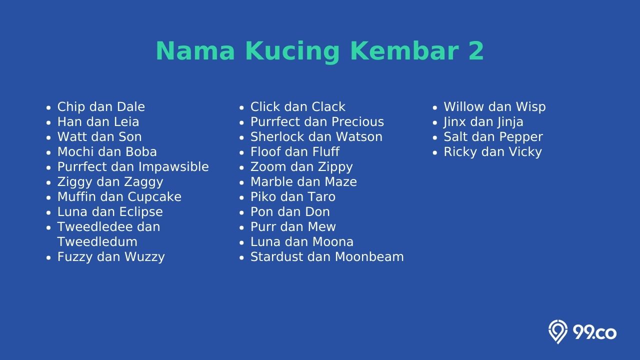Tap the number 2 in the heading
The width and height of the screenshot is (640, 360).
click(475, 50)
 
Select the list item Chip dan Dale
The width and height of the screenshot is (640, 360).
click(101, 107)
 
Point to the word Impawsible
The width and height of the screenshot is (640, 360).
click(177, 167)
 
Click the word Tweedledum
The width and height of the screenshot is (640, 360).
click(97, 241)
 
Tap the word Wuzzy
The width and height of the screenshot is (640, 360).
click(144, 257)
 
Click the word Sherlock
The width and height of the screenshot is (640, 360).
click(276, 137)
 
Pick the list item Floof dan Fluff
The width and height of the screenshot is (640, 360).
click(295, 151)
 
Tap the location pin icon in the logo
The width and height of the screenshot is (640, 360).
click(557, 331)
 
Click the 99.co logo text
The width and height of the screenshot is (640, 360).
click(594, 333)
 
